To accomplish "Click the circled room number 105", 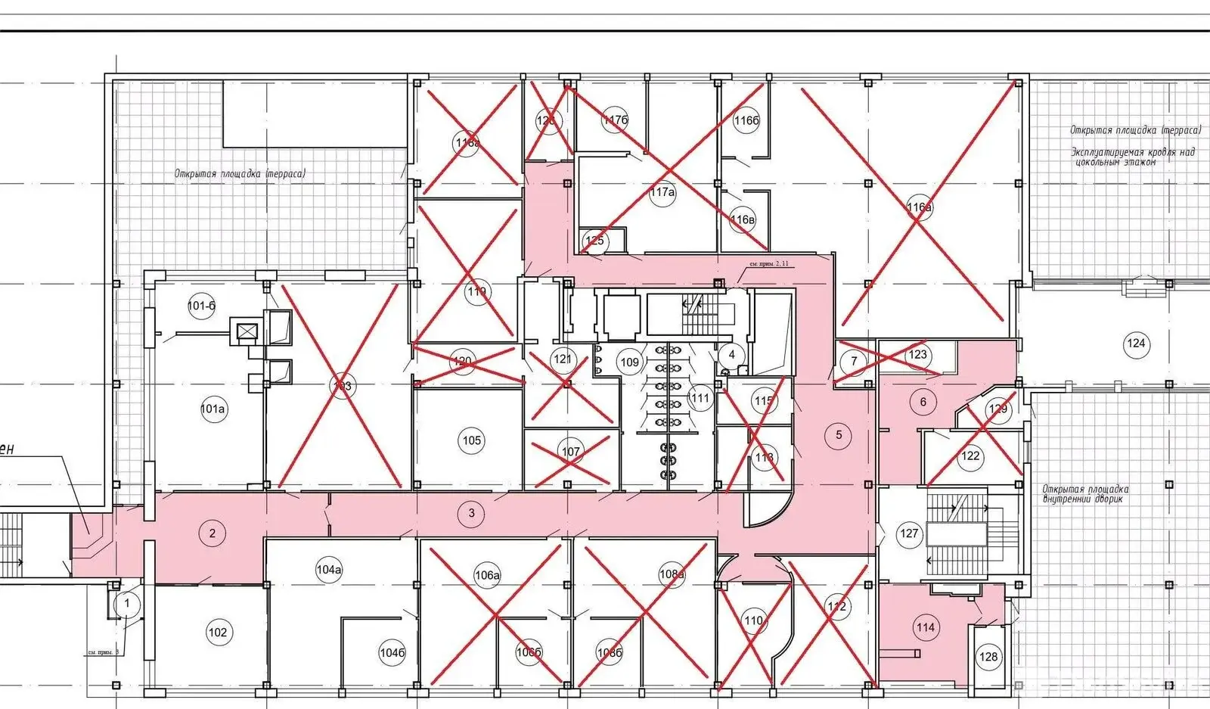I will (x=472, y=440).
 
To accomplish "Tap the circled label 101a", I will (x=213, y=409).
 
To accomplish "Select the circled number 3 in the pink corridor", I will (x=472, y=513).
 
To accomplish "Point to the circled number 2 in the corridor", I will (x=213, y=533).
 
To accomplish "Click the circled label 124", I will (x=1136, y=344).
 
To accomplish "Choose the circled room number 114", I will (x=925, y=627).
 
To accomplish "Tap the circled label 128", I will (x=988, y=656).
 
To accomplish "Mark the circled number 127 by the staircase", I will (x=909, y=533).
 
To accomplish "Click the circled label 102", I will (x=217, y=633).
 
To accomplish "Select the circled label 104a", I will (x=329, y=570).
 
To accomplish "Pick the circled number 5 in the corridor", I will (x=839, y=435).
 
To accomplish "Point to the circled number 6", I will (x=923, y=402).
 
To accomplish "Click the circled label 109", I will (x=630, y=362).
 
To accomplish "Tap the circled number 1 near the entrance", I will (x=127, y=603).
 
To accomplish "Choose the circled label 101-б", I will (x=202, y=306).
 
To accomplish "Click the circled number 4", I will (x=731, y=354).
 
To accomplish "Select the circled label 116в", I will (x=743, y=220).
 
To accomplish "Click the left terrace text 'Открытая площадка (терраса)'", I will (x=240, y=174).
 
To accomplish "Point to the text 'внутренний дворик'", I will (x=1085, y=499).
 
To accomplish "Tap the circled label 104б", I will (x=392, y=653).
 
